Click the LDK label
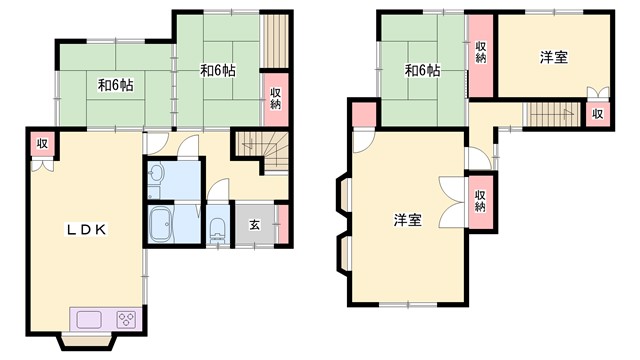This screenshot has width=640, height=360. (x=87, y=229)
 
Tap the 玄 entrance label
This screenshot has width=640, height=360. (x=254, y=224)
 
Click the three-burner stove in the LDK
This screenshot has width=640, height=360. (x=126, y=320)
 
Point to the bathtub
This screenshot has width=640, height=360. (x=161, y=225)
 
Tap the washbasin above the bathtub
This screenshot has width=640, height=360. (x=155, y=178)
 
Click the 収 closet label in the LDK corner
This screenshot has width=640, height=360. (x=42, y=143)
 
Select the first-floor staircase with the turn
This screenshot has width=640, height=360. (x=262, y=150)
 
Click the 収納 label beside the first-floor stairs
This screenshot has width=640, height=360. (x=274, y=98)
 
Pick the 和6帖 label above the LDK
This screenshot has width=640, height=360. (x=116, y=85)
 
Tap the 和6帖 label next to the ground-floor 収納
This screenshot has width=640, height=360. (x=217, y=71)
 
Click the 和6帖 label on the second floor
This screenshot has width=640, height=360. (x=422, y=70)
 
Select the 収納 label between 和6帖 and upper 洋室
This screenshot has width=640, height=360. (x=481, y=51)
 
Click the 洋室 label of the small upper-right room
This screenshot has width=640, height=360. (x=554, y=57)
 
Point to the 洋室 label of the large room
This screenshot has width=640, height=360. (x=407, y=218)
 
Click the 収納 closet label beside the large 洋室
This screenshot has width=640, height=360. (x=480, y=200)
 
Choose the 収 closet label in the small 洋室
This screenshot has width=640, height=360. (x=598, y=113)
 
